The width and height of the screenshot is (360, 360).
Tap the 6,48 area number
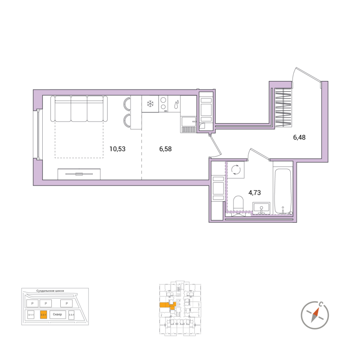click(299, 138)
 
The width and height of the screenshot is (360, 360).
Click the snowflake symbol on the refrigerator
click(150, 104)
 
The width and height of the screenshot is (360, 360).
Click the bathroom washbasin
click(261, 208)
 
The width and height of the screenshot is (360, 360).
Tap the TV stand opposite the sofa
click(79, 174)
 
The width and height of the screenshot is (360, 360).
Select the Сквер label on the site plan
click(56, 315)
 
